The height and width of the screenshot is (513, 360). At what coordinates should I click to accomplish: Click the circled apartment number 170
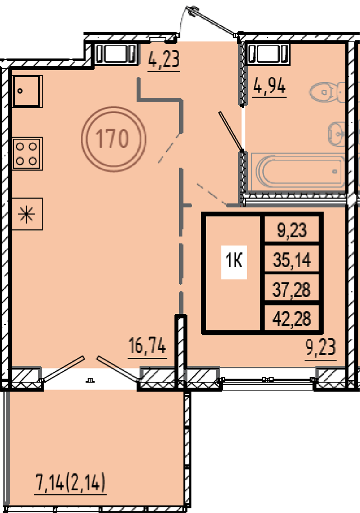tap(113, 139)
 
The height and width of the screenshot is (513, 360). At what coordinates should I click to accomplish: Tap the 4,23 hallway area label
tap(164, 59)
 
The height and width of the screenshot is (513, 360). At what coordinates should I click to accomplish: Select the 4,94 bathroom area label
tap(269, 85)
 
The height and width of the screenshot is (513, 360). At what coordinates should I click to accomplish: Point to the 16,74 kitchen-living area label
tap(147, 346)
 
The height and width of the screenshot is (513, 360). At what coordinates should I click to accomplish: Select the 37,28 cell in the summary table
tap(291, 290)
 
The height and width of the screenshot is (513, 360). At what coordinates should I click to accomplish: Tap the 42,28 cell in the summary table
tap(292, 318)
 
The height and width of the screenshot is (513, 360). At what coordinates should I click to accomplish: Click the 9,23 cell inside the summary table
tap(292, 230)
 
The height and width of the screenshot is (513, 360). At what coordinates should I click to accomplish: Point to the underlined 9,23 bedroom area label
tap(320, 347)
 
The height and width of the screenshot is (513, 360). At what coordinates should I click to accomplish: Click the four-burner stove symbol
tap(27, 153)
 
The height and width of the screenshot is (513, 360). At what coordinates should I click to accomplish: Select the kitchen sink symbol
tap(27, 91)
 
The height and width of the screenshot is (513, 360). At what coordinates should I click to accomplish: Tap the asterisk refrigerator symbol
tap(27, 214)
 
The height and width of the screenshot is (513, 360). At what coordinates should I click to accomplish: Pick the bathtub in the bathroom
tap(298, 172)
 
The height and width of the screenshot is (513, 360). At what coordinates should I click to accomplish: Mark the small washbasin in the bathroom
tap(337, 134)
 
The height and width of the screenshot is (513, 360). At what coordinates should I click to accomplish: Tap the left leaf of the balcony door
tap(62, 369)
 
